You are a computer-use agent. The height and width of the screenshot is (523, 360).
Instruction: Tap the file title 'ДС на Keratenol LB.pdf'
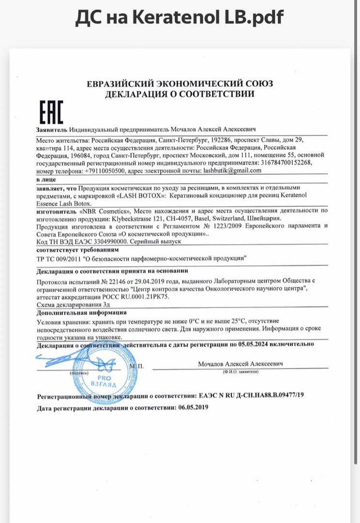180,18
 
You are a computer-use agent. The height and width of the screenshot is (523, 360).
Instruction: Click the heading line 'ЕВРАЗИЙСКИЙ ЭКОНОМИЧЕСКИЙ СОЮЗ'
180,84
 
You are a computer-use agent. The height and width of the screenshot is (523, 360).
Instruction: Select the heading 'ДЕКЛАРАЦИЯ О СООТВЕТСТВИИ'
180,94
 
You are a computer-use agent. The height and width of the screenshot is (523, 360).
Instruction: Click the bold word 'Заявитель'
52,130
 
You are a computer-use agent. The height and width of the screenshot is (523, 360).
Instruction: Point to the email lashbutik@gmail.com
233,170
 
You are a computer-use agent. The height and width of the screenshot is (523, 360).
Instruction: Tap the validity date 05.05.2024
255,344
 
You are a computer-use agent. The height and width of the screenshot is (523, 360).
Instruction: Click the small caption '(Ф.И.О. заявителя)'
240,371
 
